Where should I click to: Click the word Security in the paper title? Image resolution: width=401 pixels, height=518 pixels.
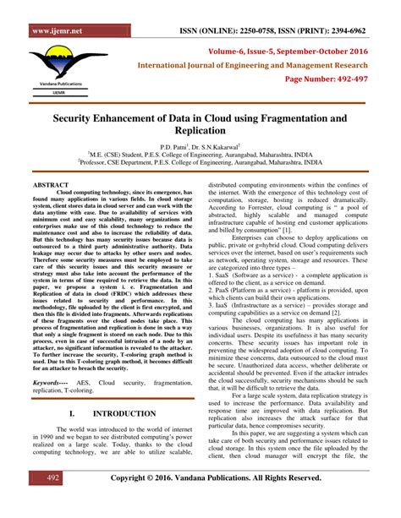tap(80, 120)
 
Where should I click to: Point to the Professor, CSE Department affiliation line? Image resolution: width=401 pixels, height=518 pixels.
tap(200, 163)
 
